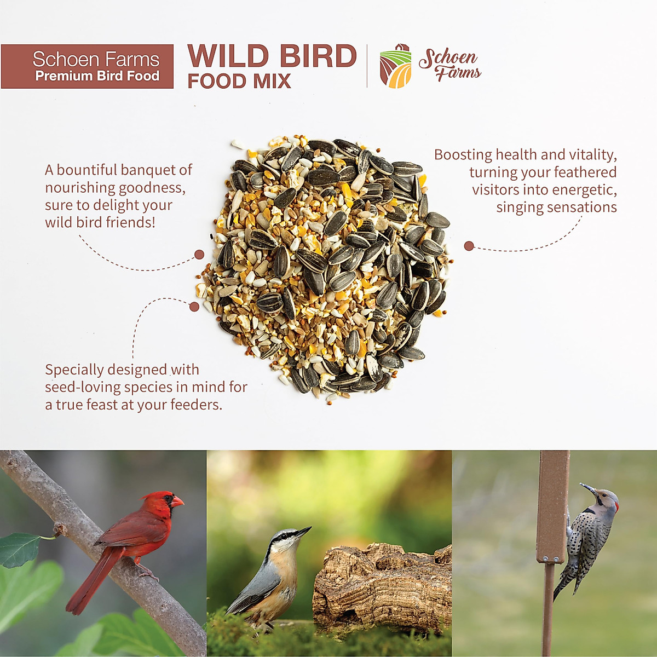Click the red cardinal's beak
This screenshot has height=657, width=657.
[x=177, y=501]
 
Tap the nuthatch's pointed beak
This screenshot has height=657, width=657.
[x=303, y=532]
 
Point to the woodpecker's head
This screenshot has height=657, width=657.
[x=604, y=499]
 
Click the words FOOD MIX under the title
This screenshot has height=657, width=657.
[x=239, y=82]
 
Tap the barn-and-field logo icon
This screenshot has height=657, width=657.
[x=395, y=66]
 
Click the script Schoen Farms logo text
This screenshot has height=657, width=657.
[x=449, y=64]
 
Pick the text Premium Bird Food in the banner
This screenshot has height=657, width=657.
[x=97, y=76]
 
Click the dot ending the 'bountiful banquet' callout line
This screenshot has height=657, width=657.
[x=199, y=255]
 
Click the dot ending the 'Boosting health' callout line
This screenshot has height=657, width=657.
[x=469, y=246]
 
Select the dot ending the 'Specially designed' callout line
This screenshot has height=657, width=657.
[x=194, y=307]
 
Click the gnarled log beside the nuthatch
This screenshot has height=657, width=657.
[x=383, y=586]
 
